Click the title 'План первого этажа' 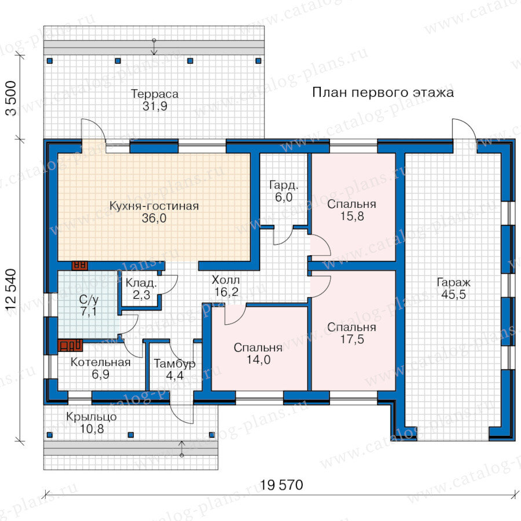[383, 93]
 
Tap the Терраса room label [155, 94]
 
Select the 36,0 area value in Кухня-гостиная [154, 218]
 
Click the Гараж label [453, 282]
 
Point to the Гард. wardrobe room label [284, 185]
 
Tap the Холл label [226, 280]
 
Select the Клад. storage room [141, 288]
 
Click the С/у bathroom [89, 305]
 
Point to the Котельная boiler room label [100, 362]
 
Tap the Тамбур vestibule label [174, 364]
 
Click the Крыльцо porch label [91, 417]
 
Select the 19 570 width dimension [281, 485]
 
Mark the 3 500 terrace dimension [11, 98]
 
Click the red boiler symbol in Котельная [70, 345]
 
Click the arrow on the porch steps [181, 449]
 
